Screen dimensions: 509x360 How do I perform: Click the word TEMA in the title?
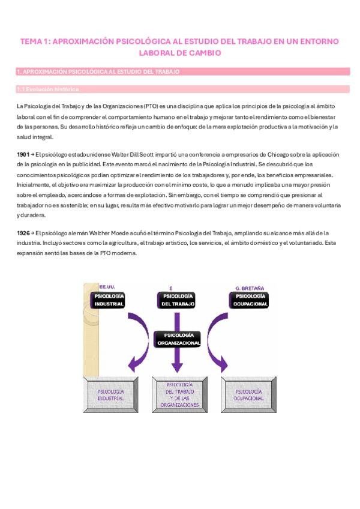(x=31, y=41)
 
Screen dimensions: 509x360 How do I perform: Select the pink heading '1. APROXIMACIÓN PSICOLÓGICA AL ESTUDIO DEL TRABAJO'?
(x=98, y=71)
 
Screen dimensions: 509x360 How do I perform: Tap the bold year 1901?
(x=23, y=154)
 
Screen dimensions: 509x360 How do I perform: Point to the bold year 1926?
(x=23, y=232)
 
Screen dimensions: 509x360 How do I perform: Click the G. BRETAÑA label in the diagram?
(x=250, y=288)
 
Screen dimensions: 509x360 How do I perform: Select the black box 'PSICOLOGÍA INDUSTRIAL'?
(x=109, y=300)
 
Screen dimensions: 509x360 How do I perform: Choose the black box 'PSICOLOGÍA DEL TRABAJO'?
(x=178, y=300)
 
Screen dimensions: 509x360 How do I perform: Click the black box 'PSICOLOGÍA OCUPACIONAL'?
(x=251, y=300)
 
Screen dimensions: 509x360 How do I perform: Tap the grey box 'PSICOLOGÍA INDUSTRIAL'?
(x=110, y=394)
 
